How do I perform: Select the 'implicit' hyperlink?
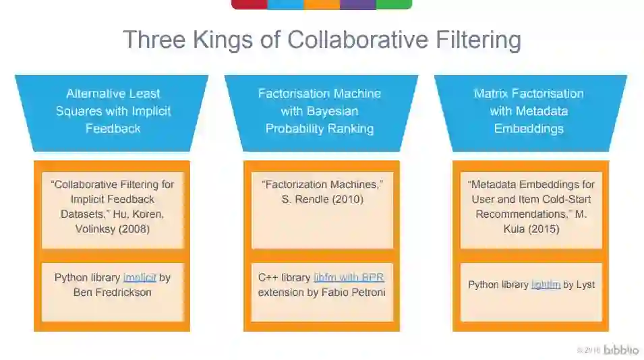tap(140, 278)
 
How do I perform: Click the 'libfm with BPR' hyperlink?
tap(349, 278)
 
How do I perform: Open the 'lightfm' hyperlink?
tap(546, 285)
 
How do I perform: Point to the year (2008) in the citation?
tap(136, 229)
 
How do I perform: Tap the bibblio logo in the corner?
tap(620, 350)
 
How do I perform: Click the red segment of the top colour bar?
tap(250, 4)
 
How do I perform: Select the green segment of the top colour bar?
tap(394, 4)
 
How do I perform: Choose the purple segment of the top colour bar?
tap(357, 4)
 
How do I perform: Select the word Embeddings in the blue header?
tap(529, 129)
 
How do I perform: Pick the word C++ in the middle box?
tap(268, 278)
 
